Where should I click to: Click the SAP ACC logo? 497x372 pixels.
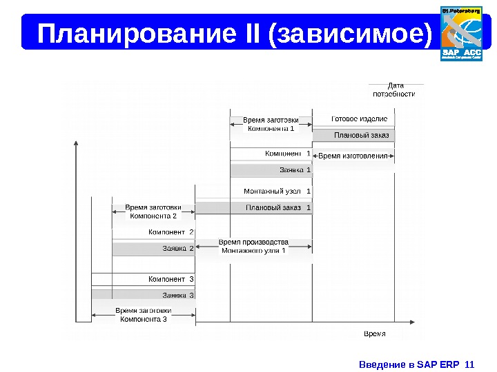pyautogui.click(x=462, y=33)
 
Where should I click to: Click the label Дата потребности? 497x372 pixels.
pyautogui.click(x=394, y=90)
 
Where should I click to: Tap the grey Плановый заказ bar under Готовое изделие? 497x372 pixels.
pyautogui.click(x=353, y=135)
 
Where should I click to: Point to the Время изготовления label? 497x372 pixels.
pyautogui.click(x=353, y=156)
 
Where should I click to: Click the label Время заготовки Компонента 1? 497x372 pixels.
pyautogui.click(x=271, y=124)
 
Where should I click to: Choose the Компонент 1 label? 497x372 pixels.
pyautogui.click(x=287, y=153)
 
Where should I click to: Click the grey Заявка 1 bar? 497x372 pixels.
pyautogui.click(x=271, y=170)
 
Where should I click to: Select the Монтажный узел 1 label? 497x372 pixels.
pyautogui.click(x=277, y=191)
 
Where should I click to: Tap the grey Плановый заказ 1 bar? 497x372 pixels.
pyautogui.click(x=253, y=208)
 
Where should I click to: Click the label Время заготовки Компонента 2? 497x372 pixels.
pyautogui.click(x=153, y=211)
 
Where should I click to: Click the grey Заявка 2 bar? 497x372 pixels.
pyautogui.click(x=153, y=249)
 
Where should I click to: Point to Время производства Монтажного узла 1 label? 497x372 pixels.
pyautogui.click(x=253, y=247)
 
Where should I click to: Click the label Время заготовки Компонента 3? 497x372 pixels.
pyautogui.click(x=144, y=314)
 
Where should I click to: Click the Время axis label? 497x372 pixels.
pyautogui.click(x=374, y=333)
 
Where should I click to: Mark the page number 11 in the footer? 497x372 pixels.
pyautogui.click(x=471, y=363)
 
